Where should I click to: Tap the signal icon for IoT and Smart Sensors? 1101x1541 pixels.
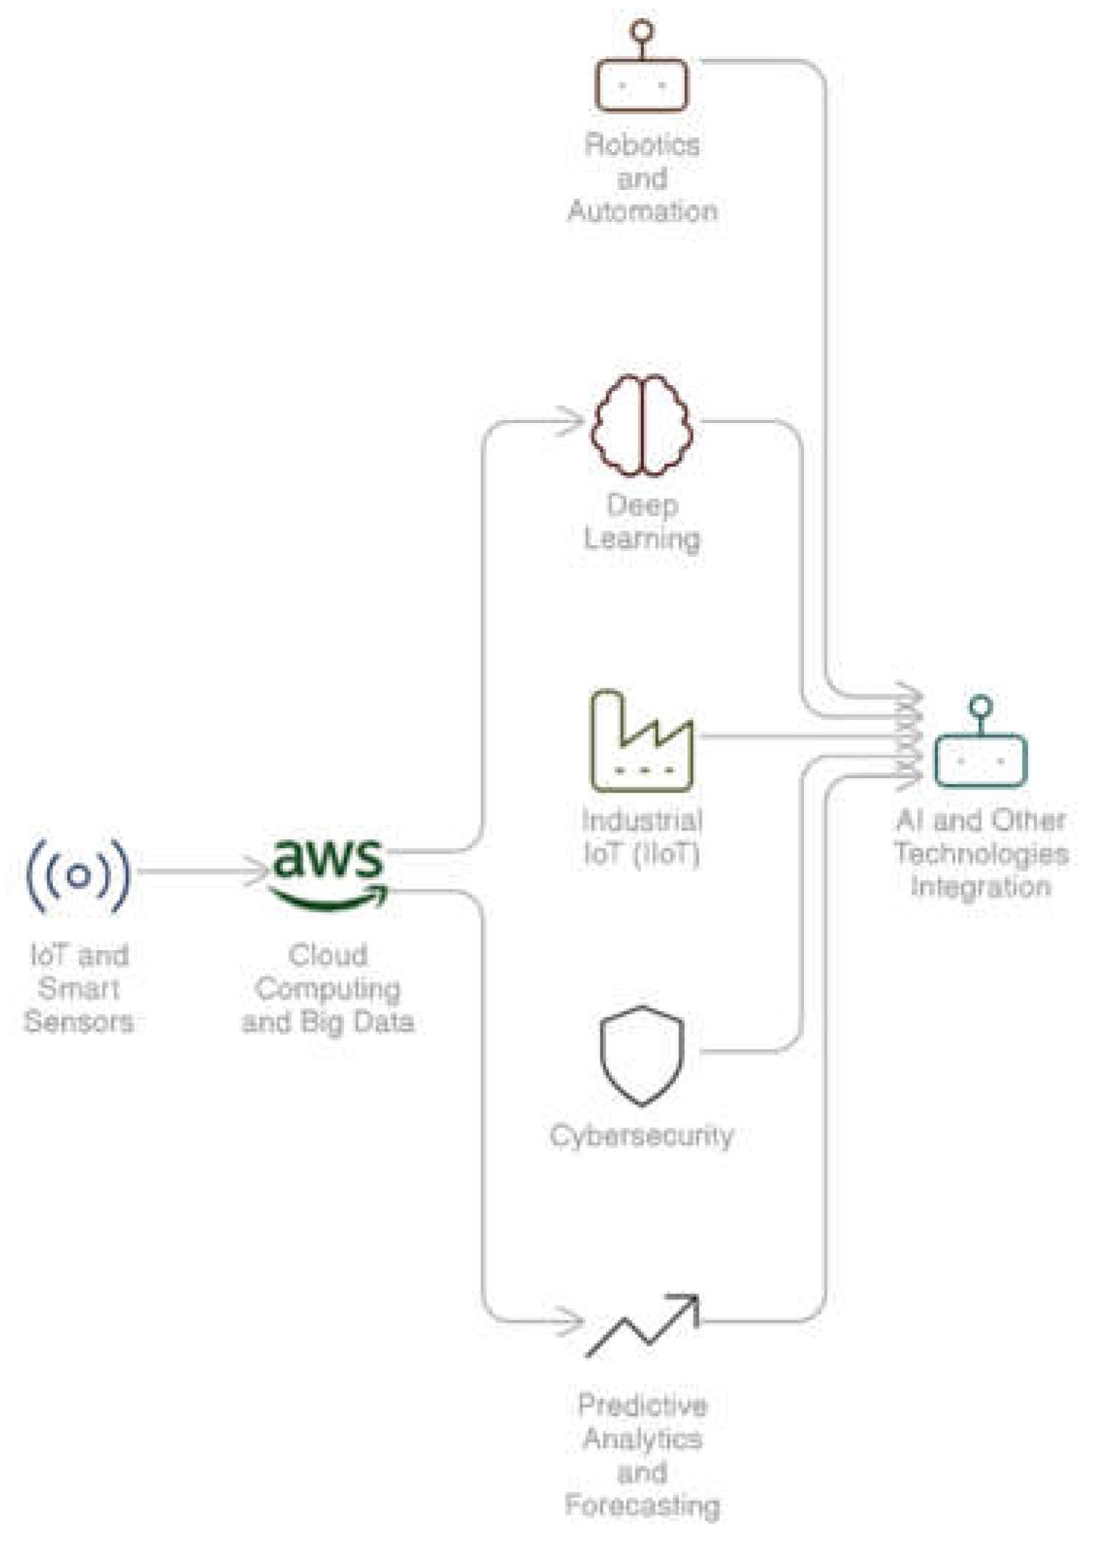(79, 876)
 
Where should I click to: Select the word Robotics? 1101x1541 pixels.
(642, 146)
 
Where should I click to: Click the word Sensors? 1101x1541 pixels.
(79, 1021)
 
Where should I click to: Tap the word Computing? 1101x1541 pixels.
(328, 989)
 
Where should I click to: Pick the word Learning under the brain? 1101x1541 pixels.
(642, 539)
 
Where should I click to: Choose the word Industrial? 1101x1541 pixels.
(642, 821)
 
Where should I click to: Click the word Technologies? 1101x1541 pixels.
(981, 853)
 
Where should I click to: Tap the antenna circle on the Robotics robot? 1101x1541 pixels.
(642, 31)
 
